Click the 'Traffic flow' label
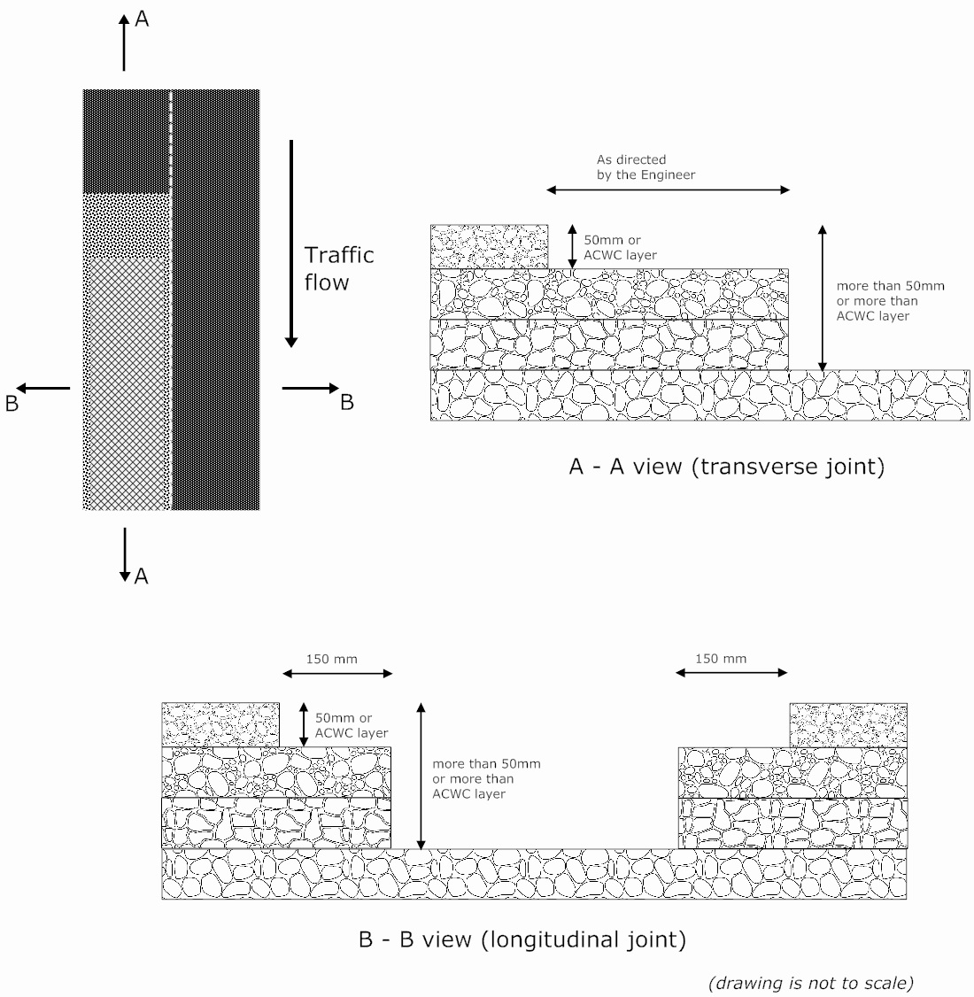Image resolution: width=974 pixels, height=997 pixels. click(339, 268)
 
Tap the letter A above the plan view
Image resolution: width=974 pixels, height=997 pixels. click(142, 19)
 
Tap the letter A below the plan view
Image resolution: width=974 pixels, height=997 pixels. click(141, 576)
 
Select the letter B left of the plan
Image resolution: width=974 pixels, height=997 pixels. click(12, 403)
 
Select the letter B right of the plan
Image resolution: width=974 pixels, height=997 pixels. click(347, 402)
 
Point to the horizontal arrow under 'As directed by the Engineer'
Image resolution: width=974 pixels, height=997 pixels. click(669, 189)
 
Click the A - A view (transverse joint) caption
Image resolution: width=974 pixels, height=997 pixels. click(726, 468)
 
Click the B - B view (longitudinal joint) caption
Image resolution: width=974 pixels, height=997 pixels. click(522, 939)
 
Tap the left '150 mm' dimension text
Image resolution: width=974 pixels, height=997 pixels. click(331, 659)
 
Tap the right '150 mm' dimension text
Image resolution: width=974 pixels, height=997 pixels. click(721, 659)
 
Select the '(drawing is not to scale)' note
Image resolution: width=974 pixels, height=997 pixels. click(810, 982)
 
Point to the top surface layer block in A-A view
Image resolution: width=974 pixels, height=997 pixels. click(489, 246)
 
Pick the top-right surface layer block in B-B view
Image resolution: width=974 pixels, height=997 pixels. click(847, 725)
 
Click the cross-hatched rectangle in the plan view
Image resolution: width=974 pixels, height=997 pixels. click(128, 381)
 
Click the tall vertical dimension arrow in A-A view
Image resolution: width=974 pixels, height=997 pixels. click(823, 298)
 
